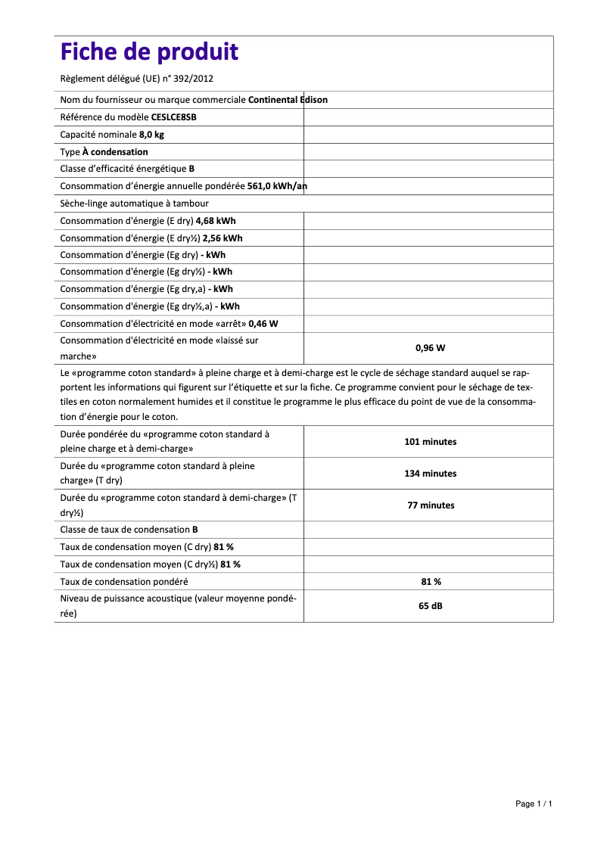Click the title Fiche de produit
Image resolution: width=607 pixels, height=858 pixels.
pyautogui.click(x=149, y=52)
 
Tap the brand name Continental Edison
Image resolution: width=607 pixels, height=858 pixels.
pyautogui.click(x=288, y=100)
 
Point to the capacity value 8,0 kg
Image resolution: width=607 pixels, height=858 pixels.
pyautogui.click(x=151, y=135)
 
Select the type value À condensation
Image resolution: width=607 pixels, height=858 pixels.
pyautogui.click(x=115, y=152)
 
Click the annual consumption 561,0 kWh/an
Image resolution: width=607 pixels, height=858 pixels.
pyautogui.click(x=277, y=186)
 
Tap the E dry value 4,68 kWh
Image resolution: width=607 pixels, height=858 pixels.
pyautogui.click(x=216, y=221)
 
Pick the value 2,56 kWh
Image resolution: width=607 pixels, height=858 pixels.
pyautogui.click(x=223, y=238)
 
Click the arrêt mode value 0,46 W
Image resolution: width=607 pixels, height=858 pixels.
pyautogui.click(x=263, y=323)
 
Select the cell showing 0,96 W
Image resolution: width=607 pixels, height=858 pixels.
pyautogui.click(x=430, y=348)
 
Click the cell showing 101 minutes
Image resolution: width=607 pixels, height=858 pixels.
pyautogui.click(x=430, y=442)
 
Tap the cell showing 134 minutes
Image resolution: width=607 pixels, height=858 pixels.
pyautogui.click(x=430, y=474)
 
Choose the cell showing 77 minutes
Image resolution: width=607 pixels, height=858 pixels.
pyautogui.click(x=430, y=505)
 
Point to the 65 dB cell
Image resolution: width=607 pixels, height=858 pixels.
pyautogui.click(x=430, y=606)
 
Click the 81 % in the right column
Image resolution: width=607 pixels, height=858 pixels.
pyautogui.click(x=430, y=582)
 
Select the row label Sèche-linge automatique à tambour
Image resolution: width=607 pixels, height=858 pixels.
pyautogui.click(x=134, y=204)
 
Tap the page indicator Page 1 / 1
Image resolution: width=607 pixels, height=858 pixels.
pyautogui.click(x=534, y=804)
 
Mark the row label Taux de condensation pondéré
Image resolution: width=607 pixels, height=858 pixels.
pyautogui.click(x=124, y=582)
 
